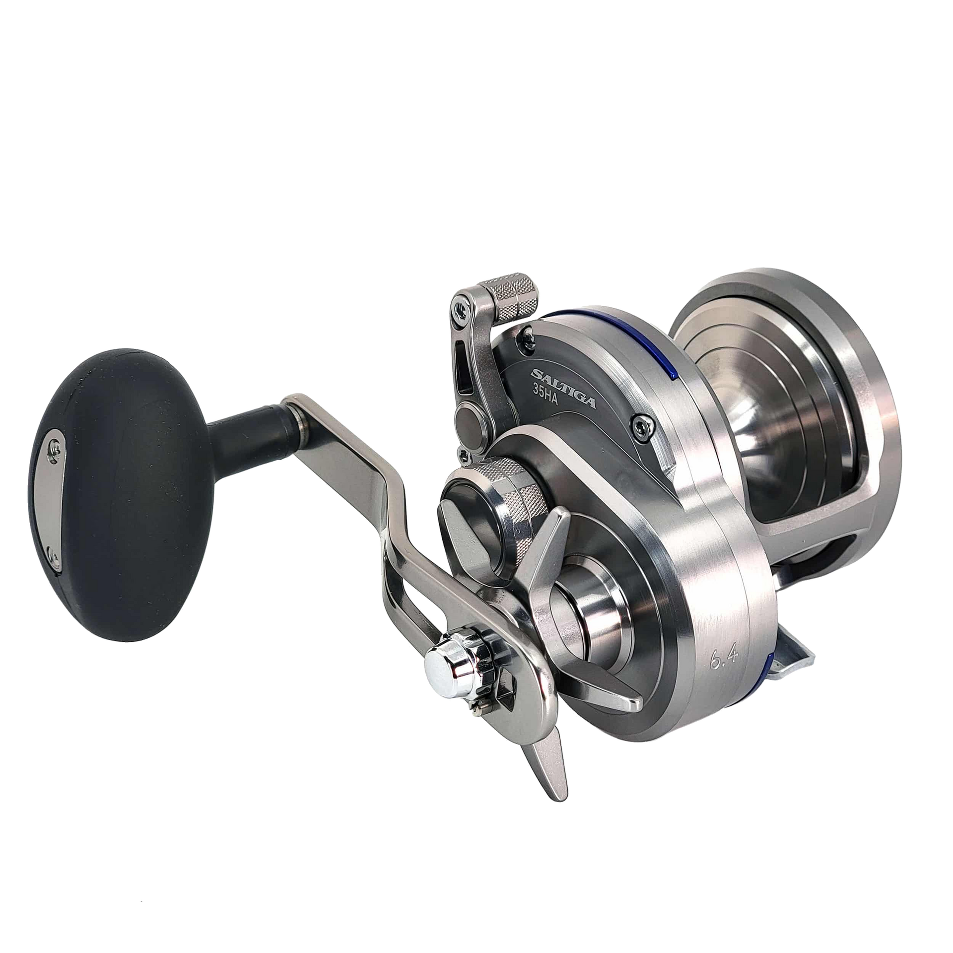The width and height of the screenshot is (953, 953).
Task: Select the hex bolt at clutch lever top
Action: tap(458, 310)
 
